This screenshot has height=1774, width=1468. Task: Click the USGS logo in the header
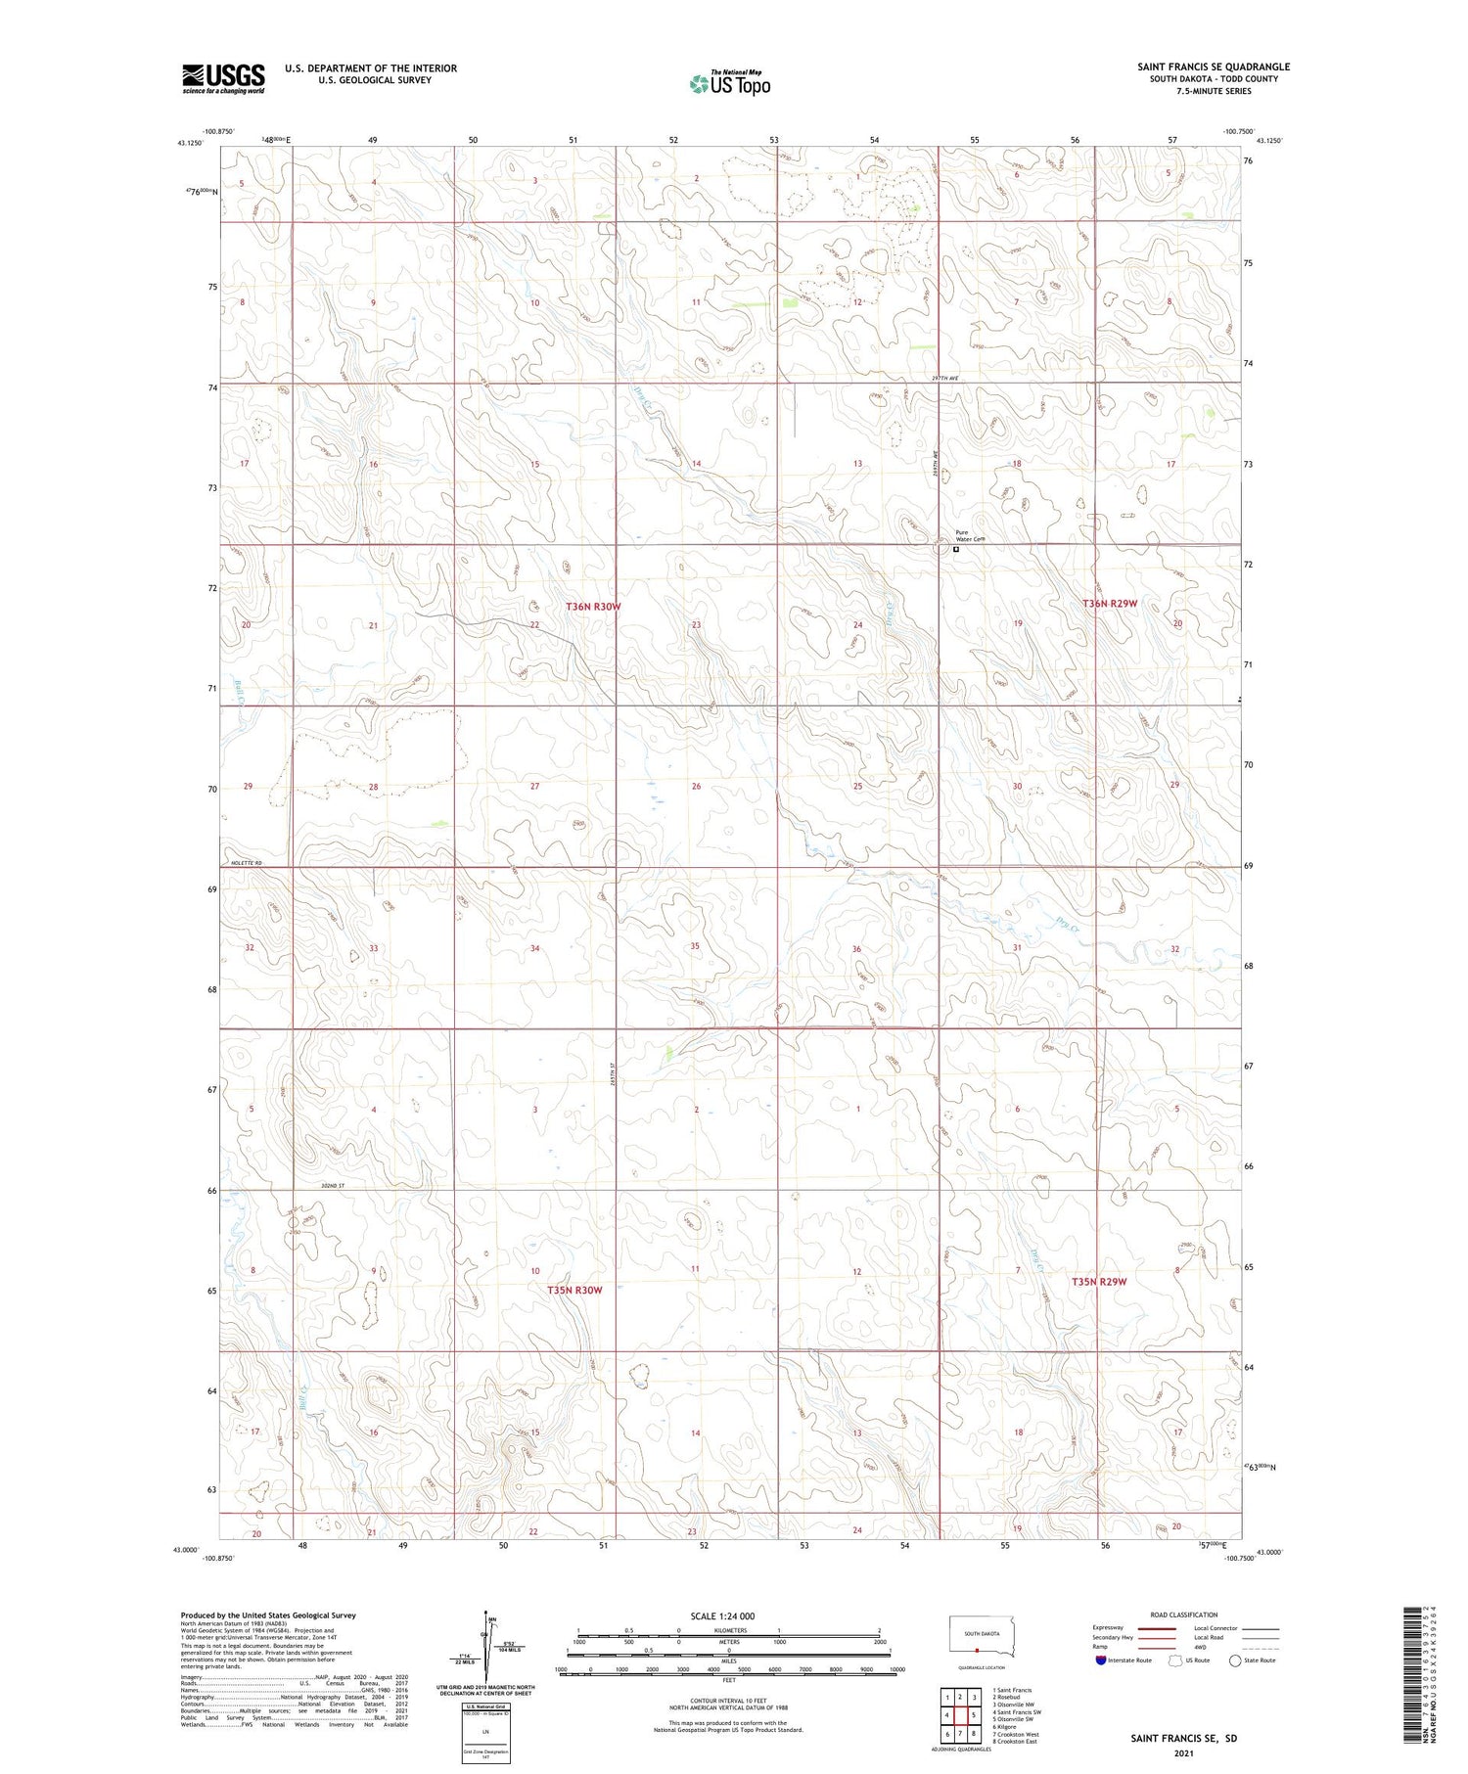(223, 78)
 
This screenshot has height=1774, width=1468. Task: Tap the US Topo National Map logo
(730, 83)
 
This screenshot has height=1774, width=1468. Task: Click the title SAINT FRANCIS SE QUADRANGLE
(1213, 67)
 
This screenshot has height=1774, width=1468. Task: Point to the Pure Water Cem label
(968, 536)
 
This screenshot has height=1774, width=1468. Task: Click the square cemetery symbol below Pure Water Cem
(956, 550)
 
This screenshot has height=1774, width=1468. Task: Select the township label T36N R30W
(593, 607)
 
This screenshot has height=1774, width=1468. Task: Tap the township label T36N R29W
(1110, 604)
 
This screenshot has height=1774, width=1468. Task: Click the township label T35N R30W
(574, 1290)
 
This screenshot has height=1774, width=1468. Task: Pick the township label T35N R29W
(1099, 1282)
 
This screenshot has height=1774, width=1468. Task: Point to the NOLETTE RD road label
(246, 862)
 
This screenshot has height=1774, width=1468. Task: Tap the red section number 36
(856, 949)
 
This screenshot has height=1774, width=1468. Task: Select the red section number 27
(534, 787)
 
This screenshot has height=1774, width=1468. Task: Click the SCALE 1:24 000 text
(722, 1615)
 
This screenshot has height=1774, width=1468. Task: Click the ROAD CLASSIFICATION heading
(1184, 1615)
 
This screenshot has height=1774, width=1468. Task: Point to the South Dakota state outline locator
(982, 1636)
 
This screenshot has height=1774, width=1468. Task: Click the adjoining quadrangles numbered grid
(960, 1714)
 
